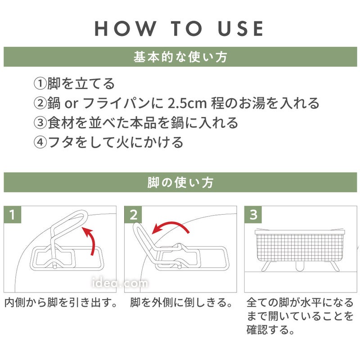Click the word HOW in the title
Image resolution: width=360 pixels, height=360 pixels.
pos(126,28)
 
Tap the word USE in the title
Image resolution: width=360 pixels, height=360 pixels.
pos(241,28)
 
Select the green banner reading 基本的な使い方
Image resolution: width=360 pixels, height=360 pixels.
pos(180,57)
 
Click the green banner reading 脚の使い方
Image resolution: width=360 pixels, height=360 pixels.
pos(180,182)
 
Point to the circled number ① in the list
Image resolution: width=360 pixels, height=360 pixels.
pos(40,84)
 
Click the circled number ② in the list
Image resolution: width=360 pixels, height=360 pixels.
pos(40,103)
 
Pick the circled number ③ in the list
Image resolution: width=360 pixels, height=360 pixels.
pos(40,122)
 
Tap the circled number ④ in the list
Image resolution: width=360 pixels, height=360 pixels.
pos(40,142)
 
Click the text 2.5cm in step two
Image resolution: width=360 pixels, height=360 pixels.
pos(187,103)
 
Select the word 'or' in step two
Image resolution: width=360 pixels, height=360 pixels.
pos(72,104)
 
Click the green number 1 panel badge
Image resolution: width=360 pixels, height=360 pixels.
pos(13,215)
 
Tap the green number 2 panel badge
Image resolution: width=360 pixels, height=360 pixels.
pos(133,215)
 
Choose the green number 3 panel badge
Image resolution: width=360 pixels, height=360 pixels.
pos(253,215)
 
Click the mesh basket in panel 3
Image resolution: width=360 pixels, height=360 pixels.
pos(300,246)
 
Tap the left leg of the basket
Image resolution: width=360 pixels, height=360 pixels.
pos(266,266)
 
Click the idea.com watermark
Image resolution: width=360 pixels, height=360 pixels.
pos(120,283)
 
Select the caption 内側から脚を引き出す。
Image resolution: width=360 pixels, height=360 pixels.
pos(61,302)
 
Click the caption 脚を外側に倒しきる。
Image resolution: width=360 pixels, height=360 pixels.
pos(181,302)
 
